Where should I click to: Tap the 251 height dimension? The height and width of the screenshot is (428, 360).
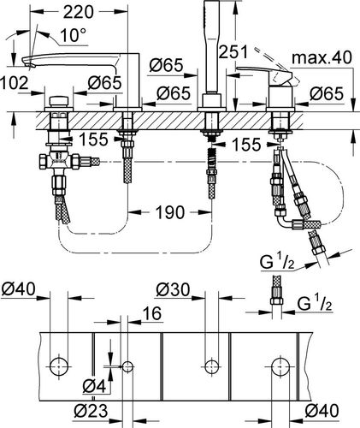click(233, 52)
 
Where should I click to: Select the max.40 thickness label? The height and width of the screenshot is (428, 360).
click(322, 57)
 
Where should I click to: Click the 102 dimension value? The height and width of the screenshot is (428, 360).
click(15, 83)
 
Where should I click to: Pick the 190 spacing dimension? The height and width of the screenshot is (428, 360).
click(170, 212)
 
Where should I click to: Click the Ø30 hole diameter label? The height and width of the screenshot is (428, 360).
click(173, 290)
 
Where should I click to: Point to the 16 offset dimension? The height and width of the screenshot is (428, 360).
click(153, 313)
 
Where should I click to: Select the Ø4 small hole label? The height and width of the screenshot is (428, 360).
click(94, 387)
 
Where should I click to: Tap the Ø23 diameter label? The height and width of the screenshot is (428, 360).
click(91, 411)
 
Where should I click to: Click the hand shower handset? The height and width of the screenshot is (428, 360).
click(212, 46)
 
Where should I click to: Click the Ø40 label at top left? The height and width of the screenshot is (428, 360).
click(18, 289)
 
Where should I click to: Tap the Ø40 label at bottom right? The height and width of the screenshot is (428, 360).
click(322, 411)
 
